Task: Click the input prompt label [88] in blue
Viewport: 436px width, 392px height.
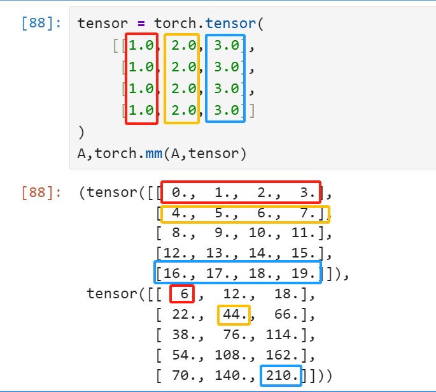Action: (41, 24)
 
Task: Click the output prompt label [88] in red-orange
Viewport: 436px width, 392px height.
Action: (41, 192)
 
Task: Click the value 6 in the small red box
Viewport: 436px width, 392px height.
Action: (184, 294)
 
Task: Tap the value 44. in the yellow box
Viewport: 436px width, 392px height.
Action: (234, 315)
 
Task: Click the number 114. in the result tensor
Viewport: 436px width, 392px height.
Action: (284, 335)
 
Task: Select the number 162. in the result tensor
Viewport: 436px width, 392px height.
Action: (284, 356)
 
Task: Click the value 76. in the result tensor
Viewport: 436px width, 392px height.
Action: (234, 335)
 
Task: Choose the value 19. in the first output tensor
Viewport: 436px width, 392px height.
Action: (305, 274)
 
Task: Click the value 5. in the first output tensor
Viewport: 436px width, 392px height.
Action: (223, 213)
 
